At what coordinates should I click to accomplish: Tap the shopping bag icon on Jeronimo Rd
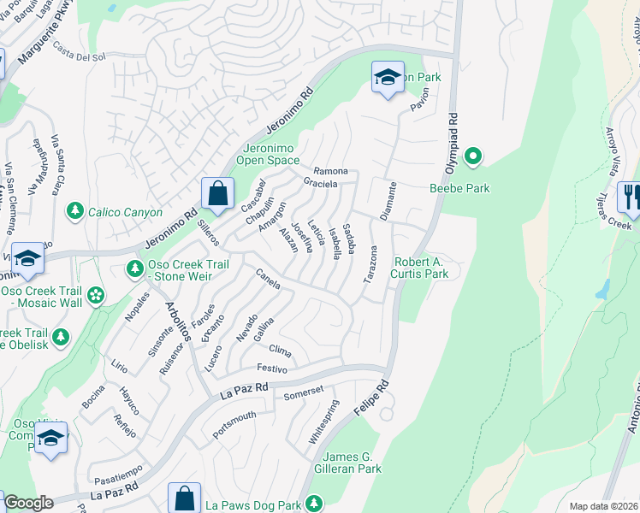(218, 192)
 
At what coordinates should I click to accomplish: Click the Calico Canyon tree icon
(76, 211)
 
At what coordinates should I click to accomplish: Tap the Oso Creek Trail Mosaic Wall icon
(95, 296)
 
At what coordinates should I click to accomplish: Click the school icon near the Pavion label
(388, 78)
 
